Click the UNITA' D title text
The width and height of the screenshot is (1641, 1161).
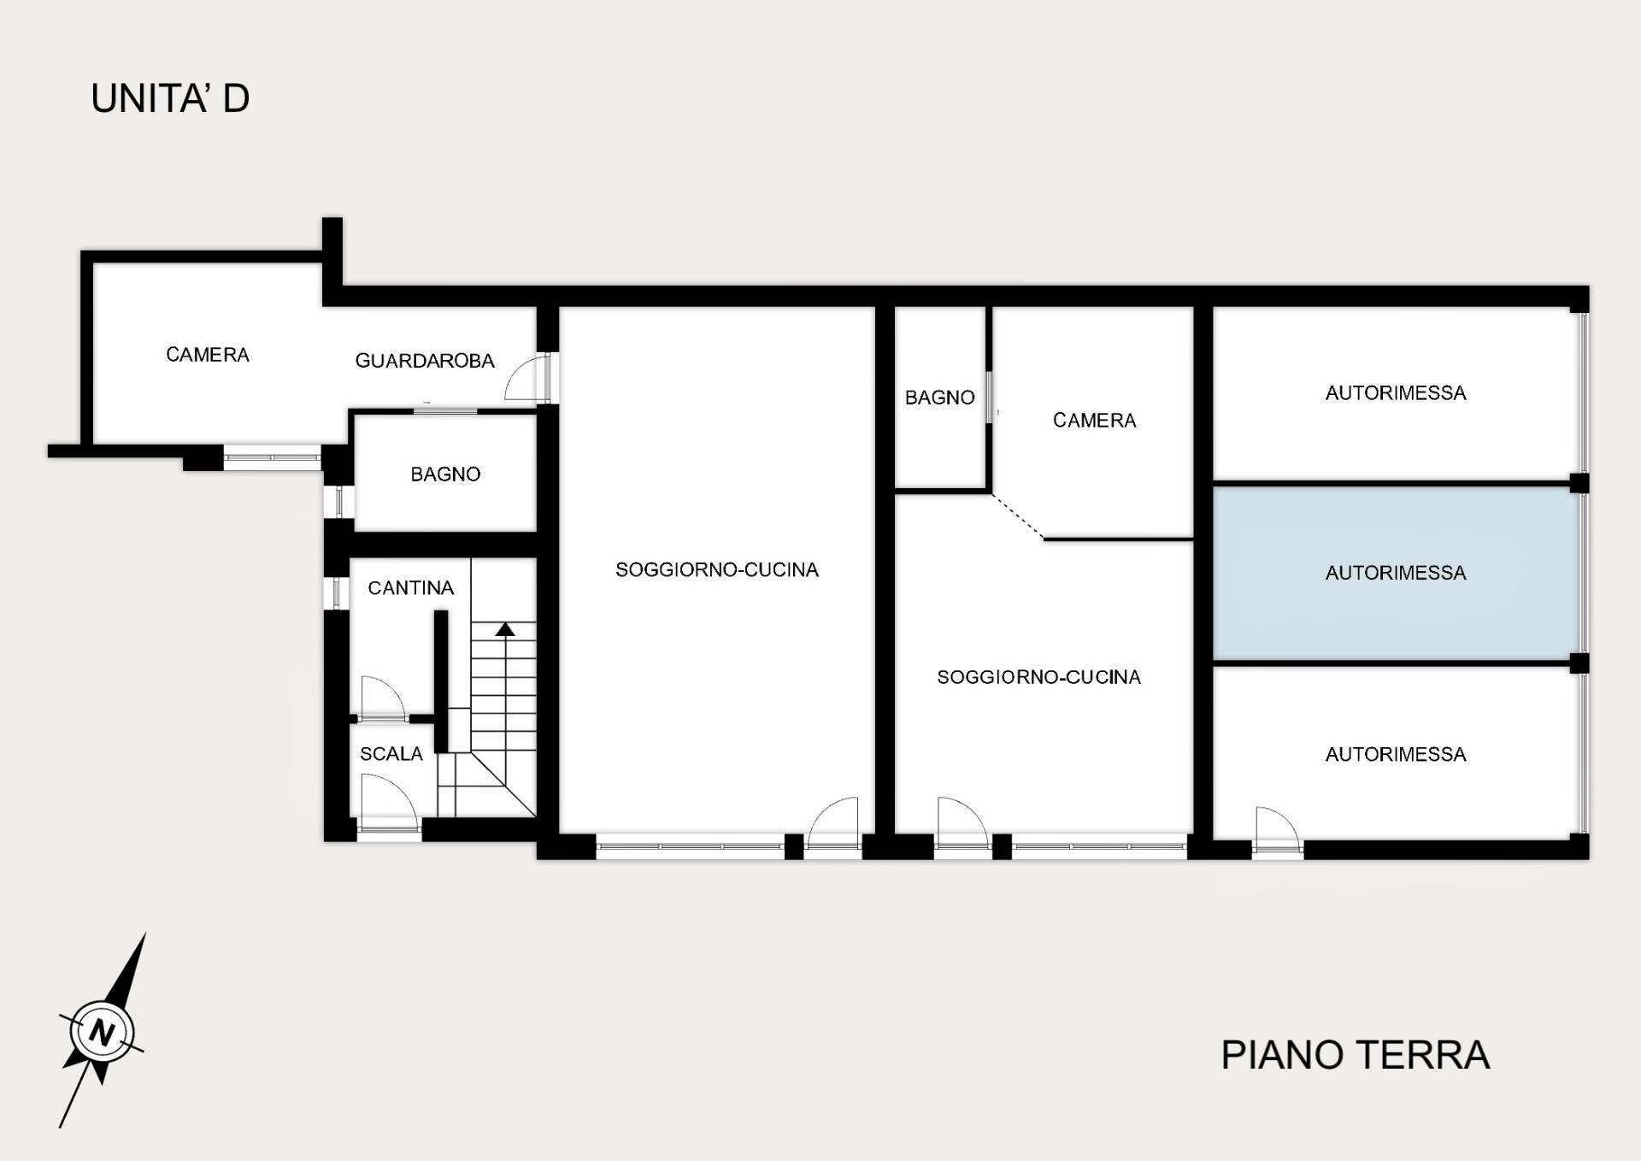tap(170, 98)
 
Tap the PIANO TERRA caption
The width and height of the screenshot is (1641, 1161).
tap(1355, 1055)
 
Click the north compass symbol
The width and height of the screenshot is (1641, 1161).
tap(102, 1030)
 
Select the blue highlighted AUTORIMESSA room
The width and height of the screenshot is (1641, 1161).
tap(1395, 598)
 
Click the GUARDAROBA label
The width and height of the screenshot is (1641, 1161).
tap(425, 361)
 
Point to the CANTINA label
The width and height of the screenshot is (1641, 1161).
tap(410, 588)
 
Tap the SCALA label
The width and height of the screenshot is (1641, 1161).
tap(391, 754)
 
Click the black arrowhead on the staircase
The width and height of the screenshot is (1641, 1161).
tap(505, 630)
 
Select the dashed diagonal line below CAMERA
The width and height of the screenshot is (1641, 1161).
tap(1017, 516)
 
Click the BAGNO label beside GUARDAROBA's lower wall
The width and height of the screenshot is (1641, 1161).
tap(445, 474)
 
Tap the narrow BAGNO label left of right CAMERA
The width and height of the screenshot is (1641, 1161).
tap(939, 398)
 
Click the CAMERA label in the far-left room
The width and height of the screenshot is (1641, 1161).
tap(208, 355)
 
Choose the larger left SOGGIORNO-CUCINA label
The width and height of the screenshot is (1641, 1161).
tap(717, 570)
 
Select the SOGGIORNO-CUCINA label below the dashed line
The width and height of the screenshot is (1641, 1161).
tap(1038, 677)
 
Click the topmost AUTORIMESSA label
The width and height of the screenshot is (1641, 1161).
tap(1395, 393)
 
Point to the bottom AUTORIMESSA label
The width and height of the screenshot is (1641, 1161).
tap(1395, 755)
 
